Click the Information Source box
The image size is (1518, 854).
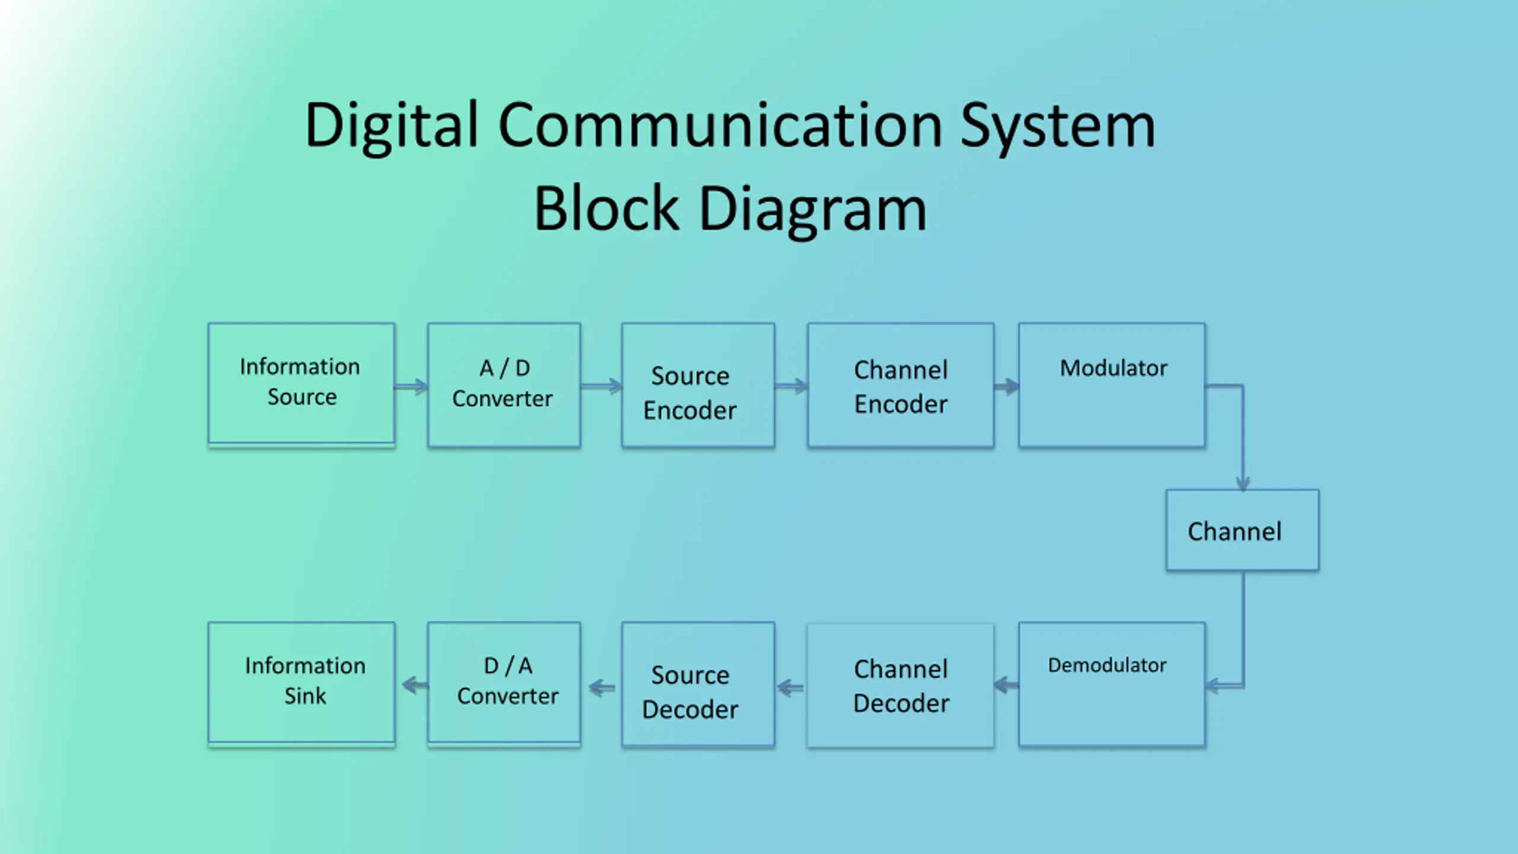coord(301,384)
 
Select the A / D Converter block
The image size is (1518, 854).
coord(504,384)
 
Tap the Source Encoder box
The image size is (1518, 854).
coord(698,384)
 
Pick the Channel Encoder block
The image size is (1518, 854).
coord(901,384)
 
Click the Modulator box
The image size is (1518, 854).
coord(1112,384)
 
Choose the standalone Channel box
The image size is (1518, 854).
coord(1242,530)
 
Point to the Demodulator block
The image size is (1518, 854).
coord(1112,684)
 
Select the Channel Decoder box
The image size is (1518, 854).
coord(901,684)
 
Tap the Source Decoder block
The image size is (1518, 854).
coord(698,684)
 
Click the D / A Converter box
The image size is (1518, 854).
coord(504,684)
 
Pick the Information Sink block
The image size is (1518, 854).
coord(301,684)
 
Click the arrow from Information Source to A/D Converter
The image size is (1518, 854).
coord(411,387)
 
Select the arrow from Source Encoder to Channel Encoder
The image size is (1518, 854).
coord(791,387)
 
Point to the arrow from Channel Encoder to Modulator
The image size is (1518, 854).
coord(1007,387)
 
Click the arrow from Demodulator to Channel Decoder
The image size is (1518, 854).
coord(1006,686)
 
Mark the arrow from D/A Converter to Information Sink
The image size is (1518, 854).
coord(415,686)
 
